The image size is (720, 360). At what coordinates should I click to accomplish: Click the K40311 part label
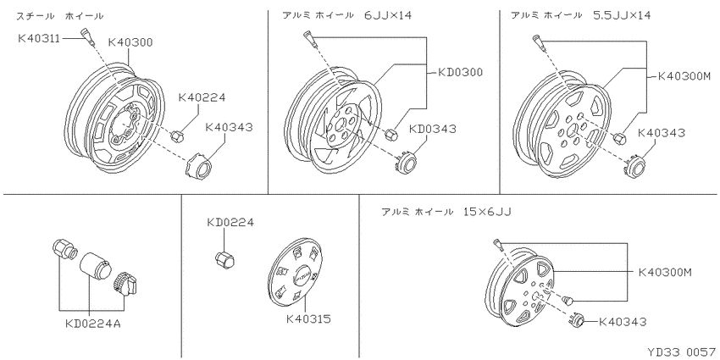pos(39,38)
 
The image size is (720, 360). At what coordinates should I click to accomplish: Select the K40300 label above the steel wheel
pos(130,42)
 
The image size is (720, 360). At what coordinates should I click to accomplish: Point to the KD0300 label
pos(459,72)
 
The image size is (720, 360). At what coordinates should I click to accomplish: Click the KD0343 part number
pos(433,129)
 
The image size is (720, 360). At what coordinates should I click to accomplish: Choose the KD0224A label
pos(93,324)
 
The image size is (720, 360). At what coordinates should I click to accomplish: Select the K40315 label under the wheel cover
pos(308,318)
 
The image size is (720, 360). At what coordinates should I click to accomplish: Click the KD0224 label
pos(230,223)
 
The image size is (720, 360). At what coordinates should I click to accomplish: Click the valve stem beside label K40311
pos(87,36)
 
